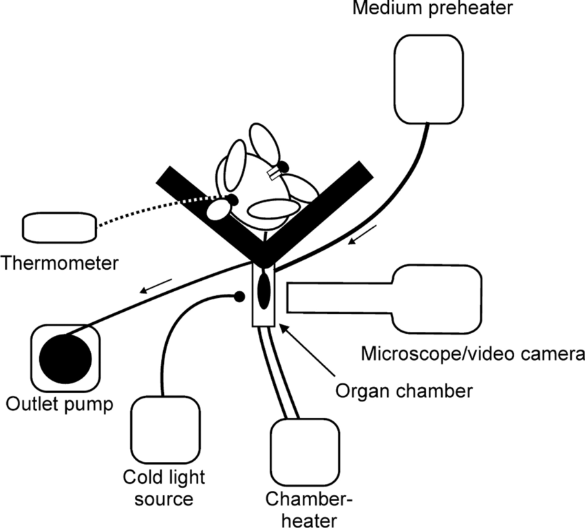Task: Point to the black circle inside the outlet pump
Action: tap(65, 357)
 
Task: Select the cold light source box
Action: tap(164, 430)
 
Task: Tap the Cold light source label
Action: tap(164, 487)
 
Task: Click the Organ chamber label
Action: tap(404, 391)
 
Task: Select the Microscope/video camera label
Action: tap(472, 354)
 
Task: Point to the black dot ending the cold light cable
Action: tap(239, 297)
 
